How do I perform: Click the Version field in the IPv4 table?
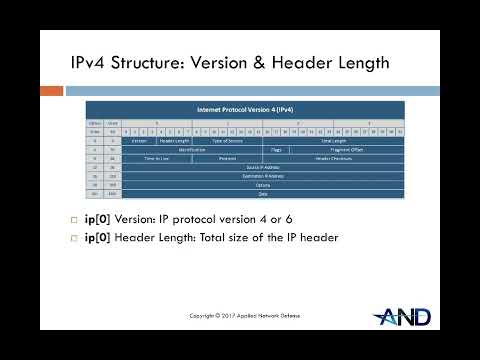[139, 141]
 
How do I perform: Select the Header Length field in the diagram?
[175, 141]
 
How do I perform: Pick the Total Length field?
[333, 141]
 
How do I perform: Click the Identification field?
[192, 149]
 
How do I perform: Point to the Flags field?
[277, 149]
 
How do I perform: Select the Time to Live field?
[157, 158]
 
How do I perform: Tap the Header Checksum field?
[333, 158]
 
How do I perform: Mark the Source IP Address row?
[263, 167]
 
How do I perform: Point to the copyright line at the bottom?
[244, 315]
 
